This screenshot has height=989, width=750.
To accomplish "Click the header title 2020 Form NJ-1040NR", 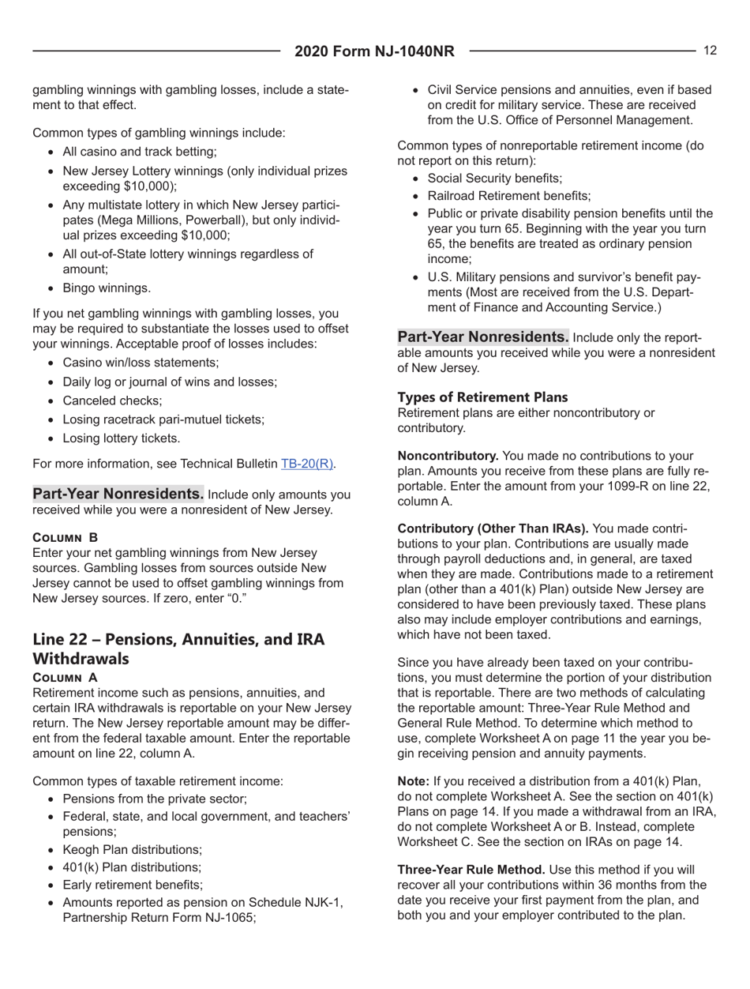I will coord(374,52).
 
